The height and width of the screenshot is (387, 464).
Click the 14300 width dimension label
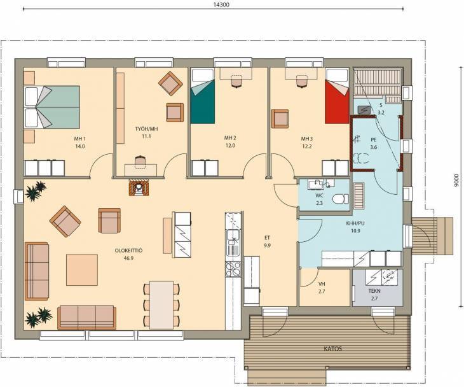point(221,4)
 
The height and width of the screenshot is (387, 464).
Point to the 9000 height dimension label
point(456,180)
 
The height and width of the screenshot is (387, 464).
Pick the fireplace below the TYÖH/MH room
point(139,187)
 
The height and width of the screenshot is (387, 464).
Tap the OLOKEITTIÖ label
point(129,251)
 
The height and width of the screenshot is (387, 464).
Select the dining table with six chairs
point(161,306)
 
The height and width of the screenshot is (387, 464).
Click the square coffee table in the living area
point(82,270)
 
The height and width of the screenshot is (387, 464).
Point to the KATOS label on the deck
point(333,348)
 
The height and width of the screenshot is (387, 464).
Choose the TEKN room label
point(374,291)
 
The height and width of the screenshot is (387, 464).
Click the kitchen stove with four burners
point(233,269)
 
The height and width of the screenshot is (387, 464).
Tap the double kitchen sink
point(233,243)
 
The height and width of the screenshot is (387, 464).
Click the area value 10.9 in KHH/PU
point(355,231)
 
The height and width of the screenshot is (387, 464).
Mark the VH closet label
point(322,284)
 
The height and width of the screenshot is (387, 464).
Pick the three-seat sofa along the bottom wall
point(86,318)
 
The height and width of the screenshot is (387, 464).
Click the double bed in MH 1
point(52,107)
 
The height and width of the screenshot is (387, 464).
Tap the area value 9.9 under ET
point(267,245)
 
